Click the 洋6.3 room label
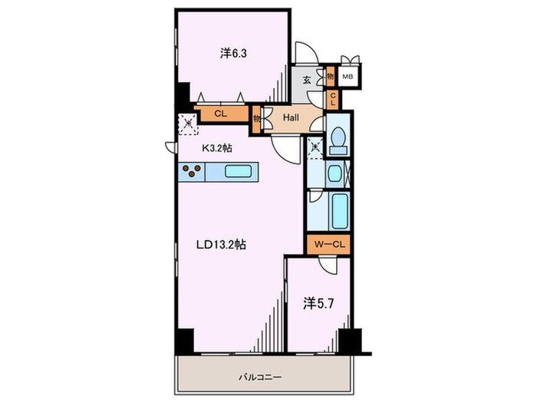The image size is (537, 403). [233, 54]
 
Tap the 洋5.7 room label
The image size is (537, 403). [318, 304]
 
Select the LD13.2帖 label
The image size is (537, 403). [221, 245]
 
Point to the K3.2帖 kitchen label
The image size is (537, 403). [217, 148]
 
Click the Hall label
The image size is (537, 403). [291, 118]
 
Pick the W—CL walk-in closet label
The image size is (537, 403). [329, 244]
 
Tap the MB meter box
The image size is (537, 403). [348, 77]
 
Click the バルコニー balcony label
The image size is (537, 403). [260, 378]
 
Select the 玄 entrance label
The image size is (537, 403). [307, 80]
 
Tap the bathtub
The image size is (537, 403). [340, 211]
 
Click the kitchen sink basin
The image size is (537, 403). [238, 171]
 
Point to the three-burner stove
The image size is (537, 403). [192, 171]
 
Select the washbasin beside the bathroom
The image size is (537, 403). [333, 174]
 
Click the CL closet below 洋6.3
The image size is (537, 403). [221, 114]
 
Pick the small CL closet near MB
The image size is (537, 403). [332, 100]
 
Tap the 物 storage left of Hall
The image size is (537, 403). [256, 120]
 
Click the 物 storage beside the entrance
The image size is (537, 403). [330, 77]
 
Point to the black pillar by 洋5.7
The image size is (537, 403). [350, 340]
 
